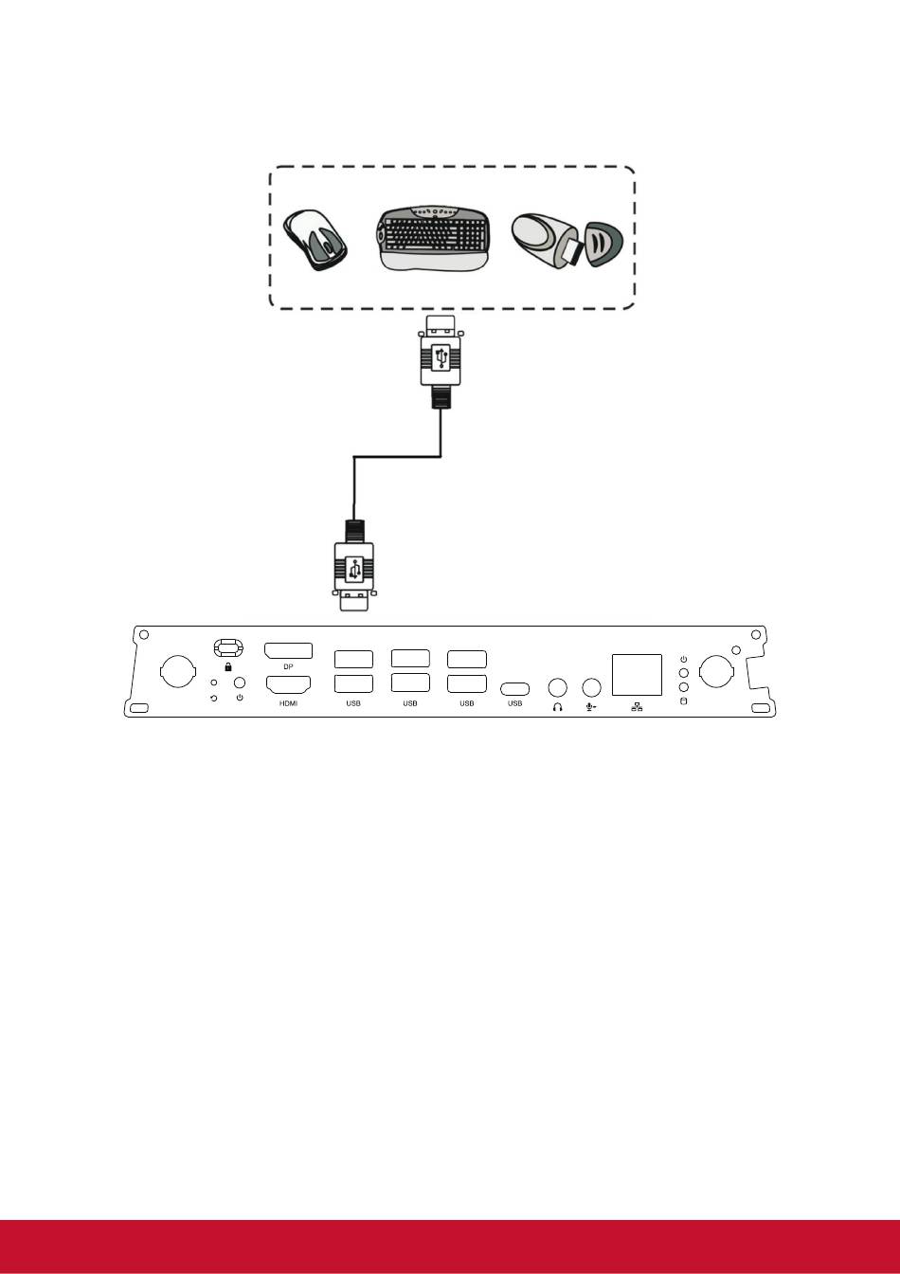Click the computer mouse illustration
[316, 240]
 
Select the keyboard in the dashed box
[433, 238]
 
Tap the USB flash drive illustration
[567, 240]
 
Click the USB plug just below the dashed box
[440, 362]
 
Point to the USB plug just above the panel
[353, 565]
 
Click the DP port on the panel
[288, 650]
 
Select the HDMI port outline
[288, 684]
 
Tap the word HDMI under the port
[288, 703]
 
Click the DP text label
[288, 666]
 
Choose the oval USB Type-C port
[514, 689]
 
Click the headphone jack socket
[558, 687]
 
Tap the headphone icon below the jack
[558, 707]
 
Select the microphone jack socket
[592, 687]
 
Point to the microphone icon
[591, 707]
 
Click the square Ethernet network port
[637, 675]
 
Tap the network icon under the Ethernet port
[637, 707]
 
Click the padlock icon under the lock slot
[228, 666]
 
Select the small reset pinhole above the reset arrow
[214, 682]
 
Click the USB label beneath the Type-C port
[515, 703]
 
